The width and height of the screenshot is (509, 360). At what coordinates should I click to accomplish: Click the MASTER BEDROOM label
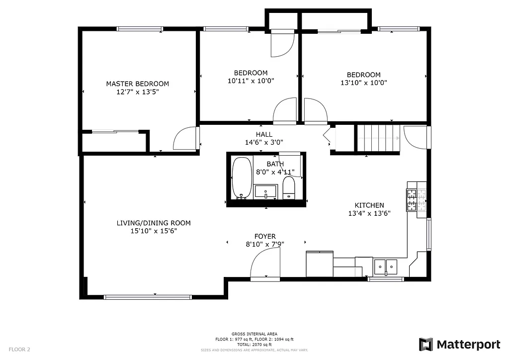pyautogui.click(x=137, y=84)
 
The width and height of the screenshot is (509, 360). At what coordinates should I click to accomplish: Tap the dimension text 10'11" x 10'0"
pyautogui.click(x=251, y=81)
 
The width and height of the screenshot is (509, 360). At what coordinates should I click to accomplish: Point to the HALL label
pyautogui.click(x=264, y=134)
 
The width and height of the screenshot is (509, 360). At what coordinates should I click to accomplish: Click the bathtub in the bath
pyautogui.click(x=242, y=178)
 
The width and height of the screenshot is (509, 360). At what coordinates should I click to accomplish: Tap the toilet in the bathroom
pyautogui.click(x=289, y=188)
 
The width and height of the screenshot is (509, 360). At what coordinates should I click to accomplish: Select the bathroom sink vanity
pyautogui.click(x=265, y=191)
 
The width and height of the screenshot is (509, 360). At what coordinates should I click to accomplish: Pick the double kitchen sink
pyautogui.click(x=386, y=267)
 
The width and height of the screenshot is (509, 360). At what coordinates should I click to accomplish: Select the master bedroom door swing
pyautogui.click(x=185, y=139)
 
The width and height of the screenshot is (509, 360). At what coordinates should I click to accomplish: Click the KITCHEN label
pyautogui.click(x=369, y=205)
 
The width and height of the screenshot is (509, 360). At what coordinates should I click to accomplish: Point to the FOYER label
pyautogui.click(x=264, y=236)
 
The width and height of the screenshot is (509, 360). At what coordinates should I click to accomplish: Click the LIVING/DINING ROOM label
pyautogui.click(x=154, y=223)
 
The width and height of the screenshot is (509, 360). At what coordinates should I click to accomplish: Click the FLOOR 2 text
pyautogui.click(x=19, y=349)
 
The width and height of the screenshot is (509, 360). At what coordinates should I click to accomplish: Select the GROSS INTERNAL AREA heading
pyautogui.click(x=254, y=334)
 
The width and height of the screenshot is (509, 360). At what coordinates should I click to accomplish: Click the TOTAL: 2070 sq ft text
pyautogui.click(x=254, y=345)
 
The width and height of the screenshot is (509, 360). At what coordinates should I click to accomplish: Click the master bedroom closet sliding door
pyautogui.click(x=115, y=132)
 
